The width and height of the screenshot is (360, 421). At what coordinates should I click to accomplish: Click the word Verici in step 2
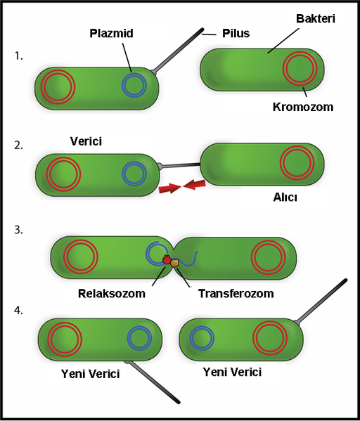(x=86, y=141)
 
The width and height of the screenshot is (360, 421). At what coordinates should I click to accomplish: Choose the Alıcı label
(x=285, y=197)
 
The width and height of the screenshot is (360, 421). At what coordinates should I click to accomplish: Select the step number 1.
(x=19, y=55)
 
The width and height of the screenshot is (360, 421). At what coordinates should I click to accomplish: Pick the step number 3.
(x=19, y=229)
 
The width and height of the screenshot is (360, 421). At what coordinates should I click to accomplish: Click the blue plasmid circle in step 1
(x=134, y=85)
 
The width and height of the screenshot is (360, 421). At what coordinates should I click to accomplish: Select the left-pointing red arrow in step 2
(x=195, y=185)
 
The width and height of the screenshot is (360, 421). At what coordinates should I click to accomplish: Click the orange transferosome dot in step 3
(x=176, y=264)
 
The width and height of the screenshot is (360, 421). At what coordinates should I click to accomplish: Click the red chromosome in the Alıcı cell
(x=296, y=162)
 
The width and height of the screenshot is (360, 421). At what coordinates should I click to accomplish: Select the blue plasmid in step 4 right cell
(x=202, y=338)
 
